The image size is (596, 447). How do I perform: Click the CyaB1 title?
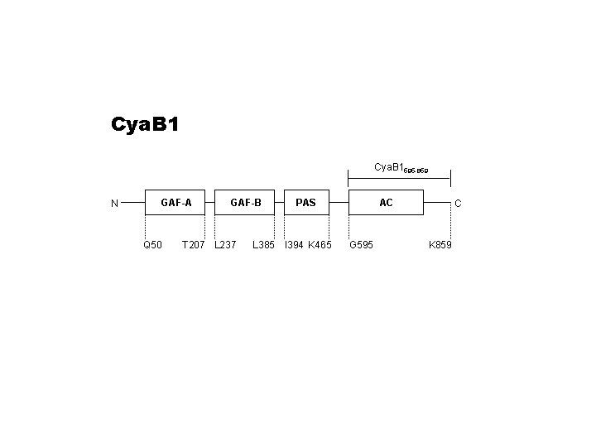[x=145, y=125]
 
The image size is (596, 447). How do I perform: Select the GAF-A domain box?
[x=176, y=202]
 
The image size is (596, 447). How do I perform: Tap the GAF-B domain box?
[x=246, y=202]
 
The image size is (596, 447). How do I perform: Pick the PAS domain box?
[x=305, y=202]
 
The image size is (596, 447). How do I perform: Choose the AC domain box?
[x=386, y=202]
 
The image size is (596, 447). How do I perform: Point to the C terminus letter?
[x=458, y=203]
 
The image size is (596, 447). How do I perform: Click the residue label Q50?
[x=152, y=245]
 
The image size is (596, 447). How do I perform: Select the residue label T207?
[x=193, y=245]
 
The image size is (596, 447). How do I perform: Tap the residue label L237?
[x=225, y=245]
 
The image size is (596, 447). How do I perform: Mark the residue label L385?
[x=263, y=245]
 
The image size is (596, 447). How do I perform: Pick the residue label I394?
[x=293, y=245]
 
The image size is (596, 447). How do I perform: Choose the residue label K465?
[x=320, y=245]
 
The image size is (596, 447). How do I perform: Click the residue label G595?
[x=361, y=245]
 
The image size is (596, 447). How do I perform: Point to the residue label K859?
[x=440, y=245]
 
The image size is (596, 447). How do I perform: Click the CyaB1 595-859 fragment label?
[x=401, y=168]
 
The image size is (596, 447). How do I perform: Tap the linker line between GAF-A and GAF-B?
[x=211, y=202]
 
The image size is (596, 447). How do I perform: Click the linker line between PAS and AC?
[x=339, y=202]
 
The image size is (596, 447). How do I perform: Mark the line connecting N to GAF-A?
[x=133, y=202]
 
